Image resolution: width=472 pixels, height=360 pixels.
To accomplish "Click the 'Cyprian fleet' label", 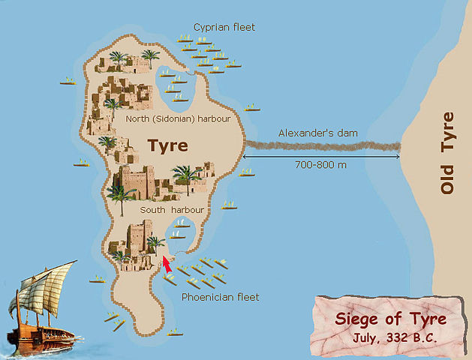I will [224, 27].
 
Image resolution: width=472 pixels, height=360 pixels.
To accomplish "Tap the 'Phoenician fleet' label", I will [221, 297].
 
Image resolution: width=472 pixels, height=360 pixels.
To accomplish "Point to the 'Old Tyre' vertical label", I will [448, 153].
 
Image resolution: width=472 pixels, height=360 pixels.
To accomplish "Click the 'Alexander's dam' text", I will [318, 133].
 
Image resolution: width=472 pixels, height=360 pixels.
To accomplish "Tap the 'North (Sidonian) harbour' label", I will [177, 118].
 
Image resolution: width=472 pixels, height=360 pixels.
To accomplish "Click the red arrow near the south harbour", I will [167, 263].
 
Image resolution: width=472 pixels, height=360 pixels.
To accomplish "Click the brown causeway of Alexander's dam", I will [323, 145].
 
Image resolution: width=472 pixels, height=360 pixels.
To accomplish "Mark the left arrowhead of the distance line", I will [245, 157].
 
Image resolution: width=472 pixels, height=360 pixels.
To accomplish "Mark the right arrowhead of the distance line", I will [397, 157].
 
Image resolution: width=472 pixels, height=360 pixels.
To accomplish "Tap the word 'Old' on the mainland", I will [448, 181].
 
